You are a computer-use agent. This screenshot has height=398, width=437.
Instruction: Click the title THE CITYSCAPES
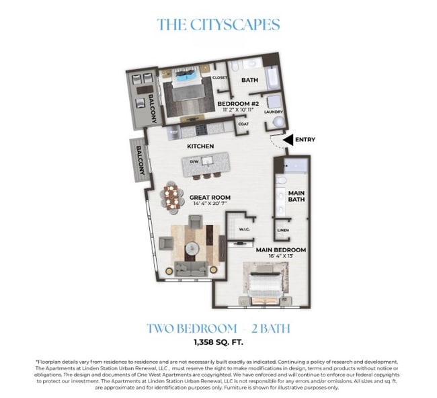218,25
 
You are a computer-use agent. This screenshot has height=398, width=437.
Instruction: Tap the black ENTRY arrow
288,140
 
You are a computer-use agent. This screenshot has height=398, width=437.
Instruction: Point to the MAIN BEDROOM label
281,250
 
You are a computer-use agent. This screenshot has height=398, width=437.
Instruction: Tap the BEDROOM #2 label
235,104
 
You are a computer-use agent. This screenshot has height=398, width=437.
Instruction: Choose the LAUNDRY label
274,112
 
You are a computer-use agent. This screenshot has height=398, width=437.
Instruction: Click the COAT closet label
243,123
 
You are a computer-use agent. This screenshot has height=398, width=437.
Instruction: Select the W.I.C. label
244,230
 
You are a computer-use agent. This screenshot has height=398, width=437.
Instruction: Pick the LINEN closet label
282,231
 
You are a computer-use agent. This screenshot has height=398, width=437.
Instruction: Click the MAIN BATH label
297,195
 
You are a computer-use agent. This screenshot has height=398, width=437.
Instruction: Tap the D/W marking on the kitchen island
194,162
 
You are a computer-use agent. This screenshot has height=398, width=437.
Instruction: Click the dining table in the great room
173,198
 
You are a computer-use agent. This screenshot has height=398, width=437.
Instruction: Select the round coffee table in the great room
193,247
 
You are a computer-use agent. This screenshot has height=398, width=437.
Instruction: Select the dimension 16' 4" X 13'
281,257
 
